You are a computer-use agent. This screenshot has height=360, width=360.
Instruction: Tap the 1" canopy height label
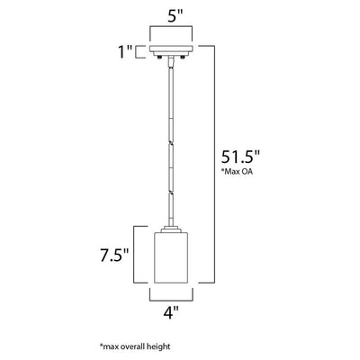tap(125, 52)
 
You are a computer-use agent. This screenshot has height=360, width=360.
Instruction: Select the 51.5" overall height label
tap(240, 157)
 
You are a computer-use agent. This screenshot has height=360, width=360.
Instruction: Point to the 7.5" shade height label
tap(114, 256)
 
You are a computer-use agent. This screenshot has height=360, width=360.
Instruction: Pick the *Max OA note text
tap(237, 172)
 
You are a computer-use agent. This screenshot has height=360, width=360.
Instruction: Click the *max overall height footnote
tap(135, 347)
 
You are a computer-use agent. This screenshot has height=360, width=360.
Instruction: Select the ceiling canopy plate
tap(171, 49)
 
